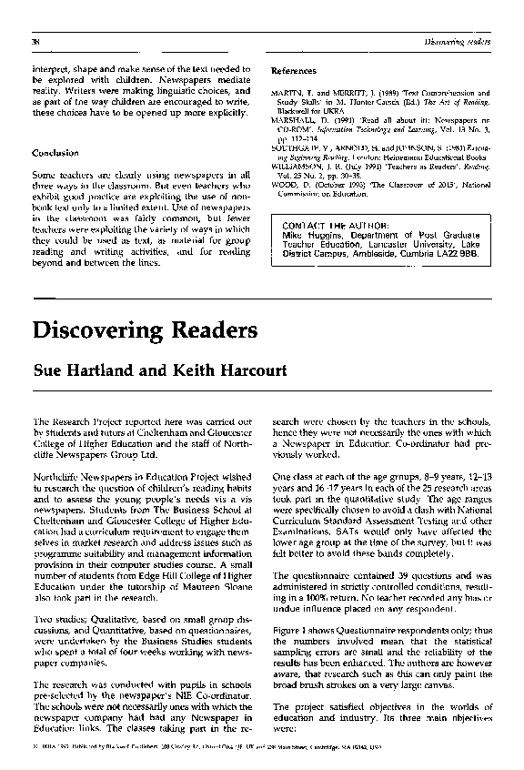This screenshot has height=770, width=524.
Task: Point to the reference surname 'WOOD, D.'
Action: coord(291,185)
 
